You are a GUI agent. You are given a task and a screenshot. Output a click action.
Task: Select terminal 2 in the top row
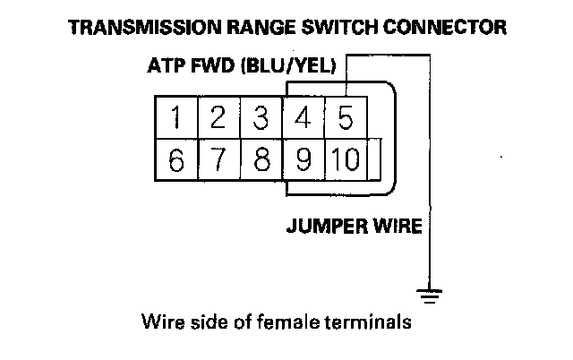218,117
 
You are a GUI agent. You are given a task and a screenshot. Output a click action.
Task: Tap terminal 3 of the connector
261,117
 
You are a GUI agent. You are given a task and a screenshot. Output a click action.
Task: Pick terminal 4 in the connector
304,117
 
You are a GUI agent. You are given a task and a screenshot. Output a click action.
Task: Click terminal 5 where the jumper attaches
346,117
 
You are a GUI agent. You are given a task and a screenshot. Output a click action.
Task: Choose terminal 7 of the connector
218,161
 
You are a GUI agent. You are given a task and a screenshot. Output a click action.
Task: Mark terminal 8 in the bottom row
261,161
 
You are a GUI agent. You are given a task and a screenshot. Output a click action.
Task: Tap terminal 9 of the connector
304,161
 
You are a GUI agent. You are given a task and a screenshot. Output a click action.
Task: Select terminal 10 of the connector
345,161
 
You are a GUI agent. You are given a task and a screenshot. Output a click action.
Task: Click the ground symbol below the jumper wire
431,291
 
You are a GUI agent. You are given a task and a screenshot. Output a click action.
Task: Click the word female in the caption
291,320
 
